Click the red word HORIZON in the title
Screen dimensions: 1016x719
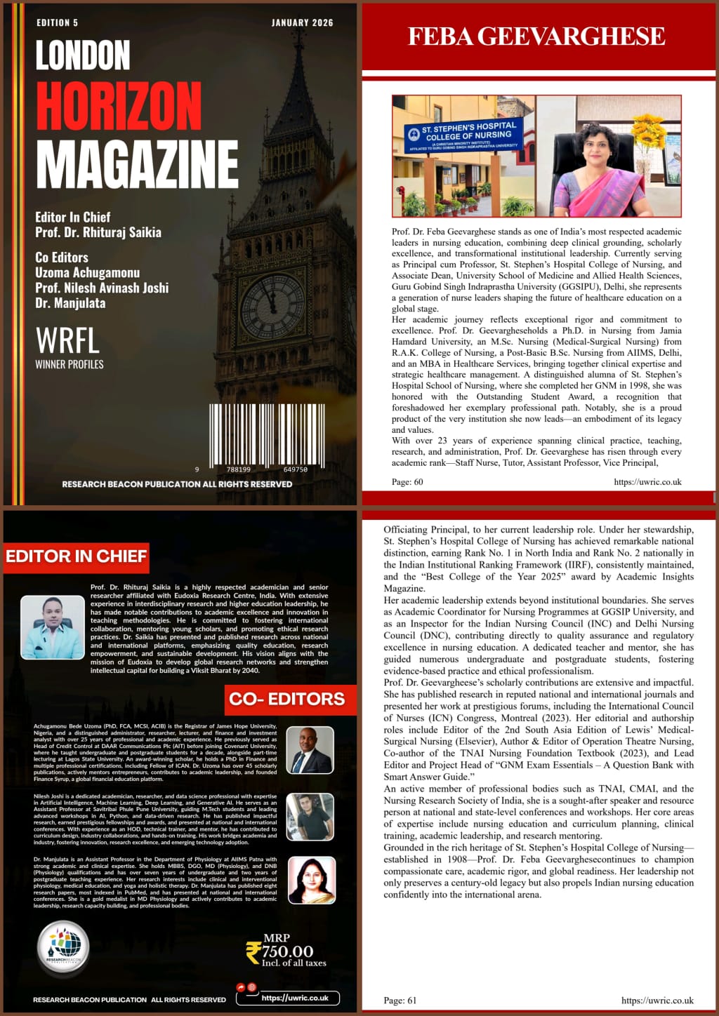tap(119, 106)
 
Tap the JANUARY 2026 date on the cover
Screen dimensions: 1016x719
tap(302, 23)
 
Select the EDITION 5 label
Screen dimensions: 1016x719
tap(58, 23)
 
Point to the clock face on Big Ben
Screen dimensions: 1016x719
tap(272, 305)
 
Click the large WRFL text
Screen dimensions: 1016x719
tap(67, 341)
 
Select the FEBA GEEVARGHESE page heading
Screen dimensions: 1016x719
tap(536, 36)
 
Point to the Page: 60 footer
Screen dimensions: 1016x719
tap(407, 482)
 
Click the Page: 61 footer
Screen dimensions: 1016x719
tap(400, 1001)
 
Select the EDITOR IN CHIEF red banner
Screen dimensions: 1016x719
tap(77, 556)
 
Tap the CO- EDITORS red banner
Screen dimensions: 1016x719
tap(287, 699)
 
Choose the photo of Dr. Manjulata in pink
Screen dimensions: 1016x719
tap(311, 880)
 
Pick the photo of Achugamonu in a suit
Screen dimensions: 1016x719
tap(310, 750)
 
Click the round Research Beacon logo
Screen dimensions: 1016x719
tap(63, 949)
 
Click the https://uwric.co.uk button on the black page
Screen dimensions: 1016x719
tap(295, 998)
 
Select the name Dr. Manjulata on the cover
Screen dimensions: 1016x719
tap(70, 304)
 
